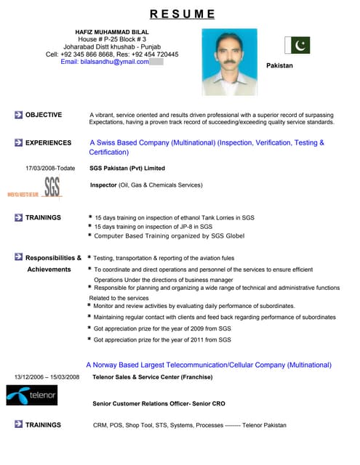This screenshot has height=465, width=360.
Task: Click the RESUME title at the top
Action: pyautogui.click(x=182, y=13)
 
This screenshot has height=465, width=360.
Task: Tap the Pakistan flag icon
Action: pyautogui.click(x=300, y=45)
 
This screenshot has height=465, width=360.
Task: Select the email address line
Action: pyautogui.click(x=105, y=62)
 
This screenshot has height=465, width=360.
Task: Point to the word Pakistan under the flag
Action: pyautogui.click(x=279, y=65)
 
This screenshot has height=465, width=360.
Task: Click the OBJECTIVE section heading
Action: pyautogui.click(x=43, y=115)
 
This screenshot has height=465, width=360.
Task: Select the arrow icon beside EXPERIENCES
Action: pyautogui.click(x=18, y=143)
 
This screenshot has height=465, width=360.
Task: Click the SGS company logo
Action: pyautogui.click(x=51, y=187)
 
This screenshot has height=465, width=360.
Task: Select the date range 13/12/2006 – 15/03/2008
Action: pyautogui.click(x=47, y=377)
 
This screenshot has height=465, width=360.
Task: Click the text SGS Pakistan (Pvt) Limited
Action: pyautogui.click(x=127, y=168)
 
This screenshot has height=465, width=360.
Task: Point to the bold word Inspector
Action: pyautogui.click(x=103, y=185)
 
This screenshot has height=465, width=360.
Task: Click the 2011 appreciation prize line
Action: pyautogui.click(x=161, y=339)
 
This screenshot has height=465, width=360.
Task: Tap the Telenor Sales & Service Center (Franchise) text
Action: pyautogui.click(x=153, y=377)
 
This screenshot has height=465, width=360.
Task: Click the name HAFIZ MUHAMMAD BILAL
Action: pyautogui.click(x=111, y=32)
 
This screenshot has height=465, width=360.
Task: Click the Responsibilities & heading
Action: pyautogui.click(x=53, y=258)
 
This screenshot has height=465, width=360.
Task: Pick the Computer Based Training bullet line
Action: pyautogui.click(x=169, y=236)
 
